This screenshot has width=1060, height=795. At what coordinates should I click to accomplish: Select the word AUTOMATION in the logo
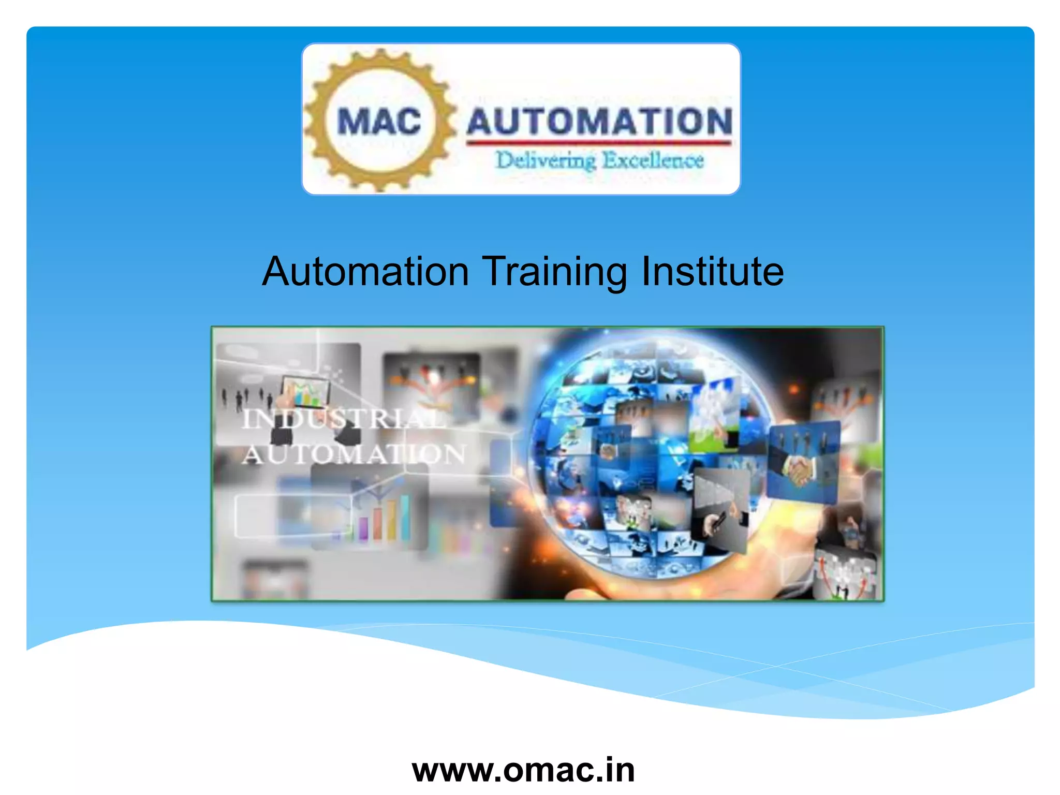tap(599, 122)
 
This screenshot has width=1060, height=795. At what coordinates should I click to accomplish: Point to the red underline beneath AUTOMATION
tap(599, 142)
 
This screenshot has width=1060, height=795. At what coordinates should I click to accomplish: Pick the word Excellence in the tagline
tap(653, 160)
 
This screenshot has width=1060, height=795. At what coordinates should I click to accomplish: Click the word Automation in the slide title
tap(365, 271)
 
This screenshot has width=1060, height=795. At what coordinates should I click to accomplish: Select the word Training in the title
tap(554, 272)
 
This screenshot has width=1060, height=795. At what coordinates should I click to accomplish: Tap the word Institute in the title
tap(712, 271)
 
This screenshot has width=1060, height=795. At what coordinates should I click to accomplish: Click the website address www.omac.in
tap(523, 770)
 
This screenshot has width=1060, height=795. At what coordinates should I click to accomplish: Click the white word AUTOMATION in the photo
tap(354, 454)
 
